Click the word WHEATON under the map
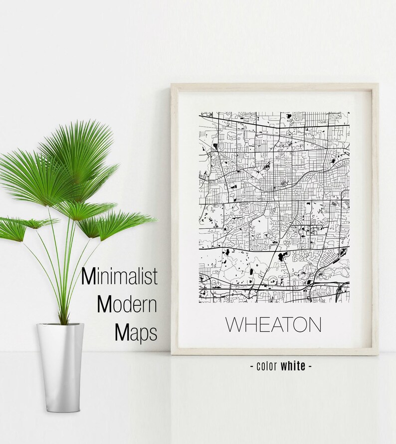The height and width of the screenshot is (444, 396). click(x=273, y=324)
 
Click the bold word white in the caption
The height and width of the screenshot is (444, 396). click(x=293, y=366)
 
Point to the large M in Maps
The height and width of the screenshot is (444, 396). click(x=122, y=331)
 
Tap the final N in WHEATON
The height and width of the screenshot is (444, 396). click(x=314, y=324)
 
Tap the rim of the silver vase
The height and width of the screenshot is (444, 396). click(x=60, y=325)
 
